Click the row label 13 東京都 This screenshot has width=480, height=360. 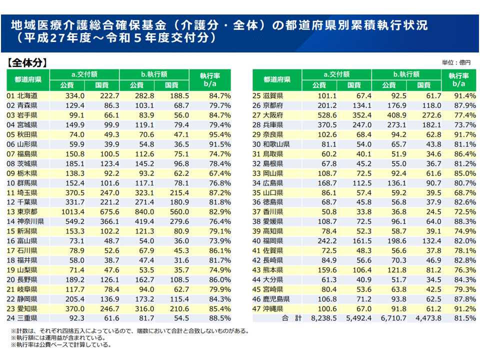[23, 211]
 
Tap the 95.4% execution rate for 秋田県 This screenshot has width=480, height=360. [220, 134]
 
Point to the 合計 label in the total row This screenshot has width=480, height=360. [292, 318]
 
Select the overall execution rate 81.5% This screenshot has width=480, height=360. [464, 318]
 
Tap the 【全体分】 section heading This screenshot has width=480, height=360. [27, 63]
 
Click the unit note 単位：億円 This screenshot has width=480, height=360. [456, 63]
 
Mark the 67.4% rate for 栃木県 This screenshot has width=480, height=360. [220, 173]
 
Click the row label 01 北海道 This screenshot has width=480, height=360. [22, 95]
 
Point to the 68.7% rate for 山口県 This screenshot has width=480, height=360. [464, 192]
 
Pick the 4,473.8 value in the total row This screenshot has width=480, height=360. [428, 318]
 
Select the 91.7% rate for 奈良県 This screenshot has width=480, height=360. [464, 134]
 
